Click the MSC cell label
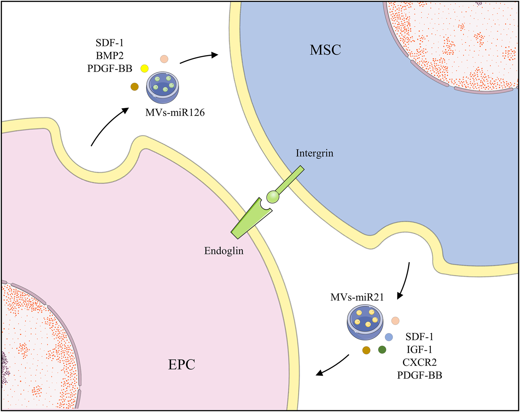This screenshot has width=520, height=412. tap(325, 50)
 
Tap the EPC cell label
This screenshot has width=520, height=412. tap(181, 364)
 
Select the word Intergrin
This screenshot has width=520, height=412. tap(314, 153)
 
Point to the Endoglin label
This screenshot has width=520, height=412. tap(224, 251)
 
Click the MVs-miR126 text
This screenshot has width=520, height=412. tap(175, 113)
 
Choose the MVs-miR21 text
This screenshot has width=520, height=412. tap(357, 297)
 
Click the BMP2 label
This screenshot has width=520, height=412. tap(109, 56)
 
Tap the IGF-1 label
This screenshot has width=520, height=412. tap(419, 349)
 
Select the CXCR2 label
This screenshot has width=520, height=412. tap(419, 362)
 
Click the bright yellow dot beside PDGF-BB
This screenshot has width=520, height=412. tap(144, 68)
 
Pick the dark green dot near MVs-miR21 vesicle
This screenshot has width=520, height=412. tap(382, 350)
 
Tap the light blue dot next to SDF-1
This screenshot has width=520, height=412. tap(389, 337)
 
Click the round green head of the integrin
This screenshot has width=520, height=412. tap(273, 197)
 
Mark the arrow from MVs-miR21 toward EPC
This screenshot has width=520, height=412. tap(332, 365)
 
